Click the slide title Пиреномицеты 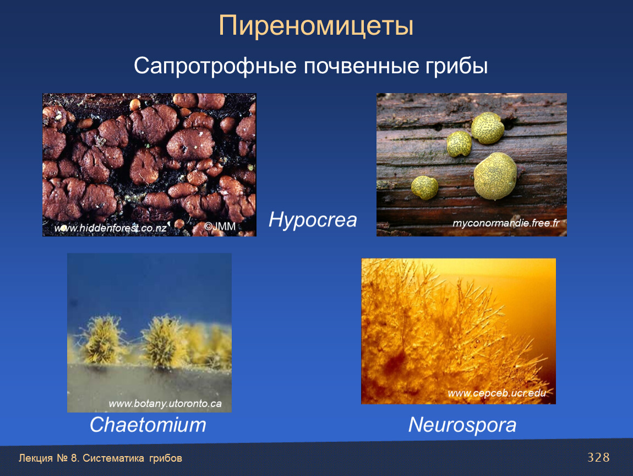coord(316,25)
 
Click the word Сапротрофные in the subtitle coord(215,66)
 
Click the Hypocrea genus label coord(313,220)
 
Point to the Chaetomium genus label coord(148,425)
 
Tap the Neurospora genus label coord(462,425)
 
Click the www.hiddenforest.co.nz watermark coord(110,228)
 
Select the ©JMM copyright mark coord(220,226)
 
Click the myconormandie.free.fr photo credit coord(506,223)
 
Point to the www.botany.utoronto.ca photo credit coord(165,404)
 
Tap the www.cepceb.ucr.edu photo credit coord(497,393)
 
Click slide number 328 coord(598,457)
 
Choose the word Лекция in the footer coord(36,458)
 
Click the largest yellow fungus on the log coord(495,176)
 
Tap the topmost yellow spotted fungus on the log coord(488,128)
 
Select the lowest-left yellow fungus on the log coord(425,187)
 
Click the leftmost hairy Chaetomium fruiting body coord(102,339)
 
